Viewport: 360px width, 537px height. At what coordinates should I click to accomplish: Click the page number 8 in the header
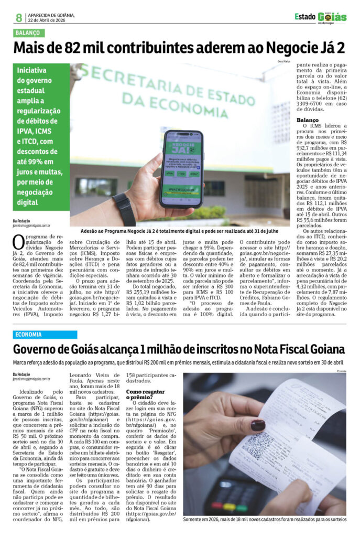(x=19, y=18)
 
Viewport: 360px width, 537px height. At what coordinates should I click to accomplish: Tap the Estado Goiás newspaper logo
(x=320, y=17)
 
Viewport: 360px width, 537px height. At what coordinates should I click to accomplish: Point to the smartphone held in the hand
(x=181, y=168)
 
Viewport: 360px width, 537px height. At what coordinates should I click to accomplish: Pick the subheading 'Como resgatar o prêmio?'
(x=146, y=394)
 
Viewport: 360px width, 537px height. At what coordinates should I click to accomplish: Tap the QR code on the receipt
(x=257, y=445)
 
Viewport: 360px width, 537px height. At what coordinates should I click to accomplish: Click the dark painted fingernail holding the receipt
(x=257, y=425)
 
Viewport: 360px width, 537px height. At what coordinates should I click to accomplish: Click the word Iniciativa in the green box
(x=31, y=70)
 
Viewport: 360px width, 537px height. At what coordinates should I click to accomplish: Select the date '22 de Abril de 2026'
(x=47, y=21)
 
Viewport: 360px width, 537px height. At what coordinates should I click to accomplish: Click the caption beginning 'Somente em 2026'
(x=264, y=519)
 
